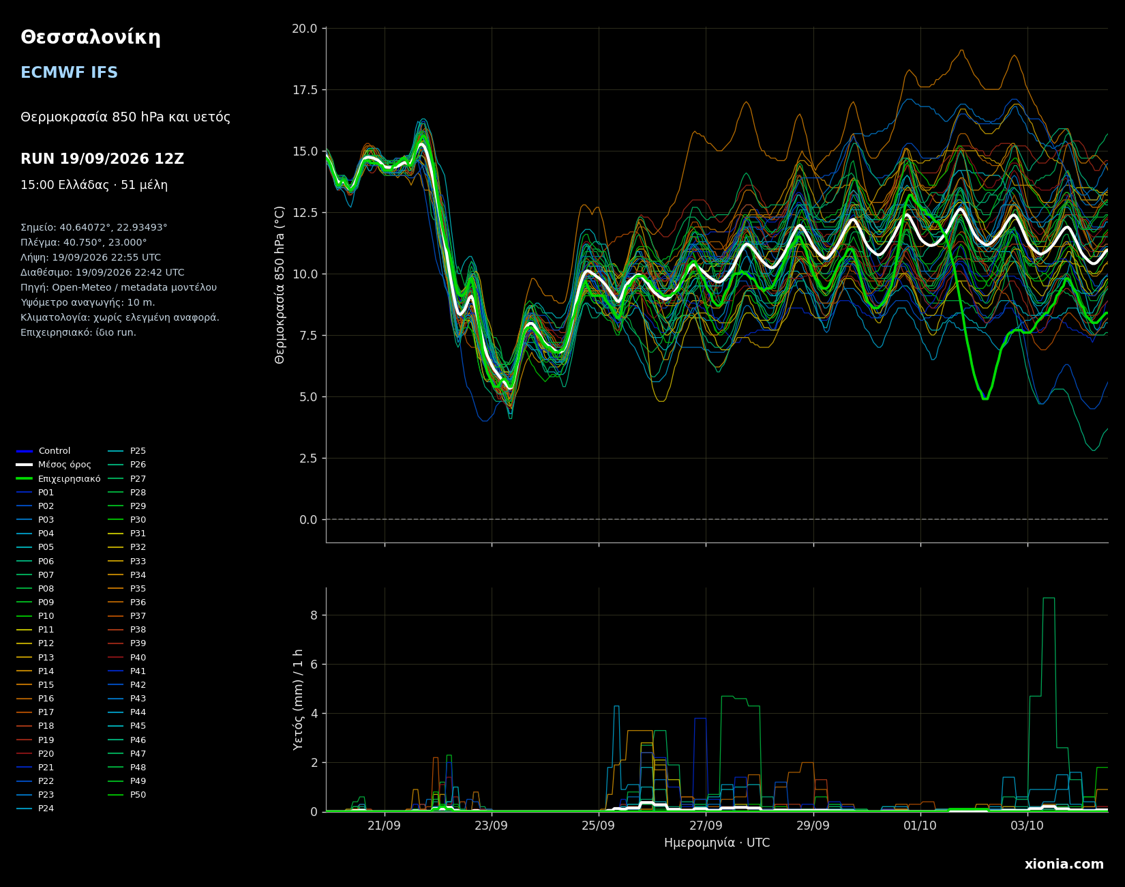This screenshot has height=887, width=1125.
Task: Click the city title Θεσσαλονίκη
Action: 91,38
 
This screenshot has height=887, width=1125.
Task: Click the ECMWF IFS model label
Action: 69,73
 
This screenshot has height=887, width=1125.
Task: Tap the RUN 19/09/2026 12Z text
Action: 102,159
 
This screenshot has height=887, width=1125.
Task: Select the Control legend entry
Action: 44,451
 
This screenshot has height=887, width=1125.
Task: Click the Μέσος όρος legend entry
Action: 54,465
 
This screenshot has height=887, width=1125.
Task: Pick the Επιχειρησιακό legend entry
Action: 59,479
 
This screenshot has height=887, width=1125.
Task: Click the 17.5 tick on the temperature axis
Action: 305,90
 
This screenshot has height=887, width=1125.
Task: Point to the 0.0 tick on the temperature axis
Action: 308,520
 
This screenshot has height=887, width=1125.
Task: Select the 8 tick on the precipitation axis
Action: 314,615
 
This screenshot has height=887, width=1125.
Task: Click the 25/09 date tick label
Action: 599,825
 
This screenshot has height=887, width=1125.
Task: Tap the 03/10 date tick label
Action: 1027,825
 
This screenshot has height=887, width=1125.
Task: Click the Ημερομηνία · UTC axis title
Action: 717,843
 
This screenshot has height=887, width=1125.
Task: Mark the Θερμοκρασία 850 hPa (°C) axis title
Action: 280,285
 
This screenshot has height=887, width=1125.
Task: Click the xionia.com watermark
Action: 1064,864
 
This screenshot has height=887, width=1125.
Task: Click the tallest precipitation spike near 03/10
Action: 1049,598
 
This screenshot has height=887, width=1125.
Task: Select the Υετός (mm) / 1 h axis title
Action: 299,699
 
